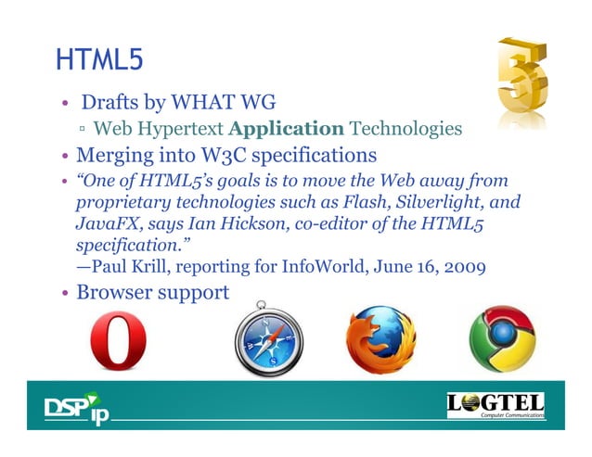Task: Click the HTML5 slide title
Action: pos(98,60)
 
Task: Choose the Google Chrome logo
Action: pos(502,339)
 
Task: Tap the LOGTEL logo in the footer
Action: pos(495,406)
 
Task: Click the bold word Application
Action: pos(286,128)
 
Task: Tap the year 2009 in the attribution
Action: pos(467,270)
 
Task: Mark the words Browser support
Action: pos(152,293)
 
